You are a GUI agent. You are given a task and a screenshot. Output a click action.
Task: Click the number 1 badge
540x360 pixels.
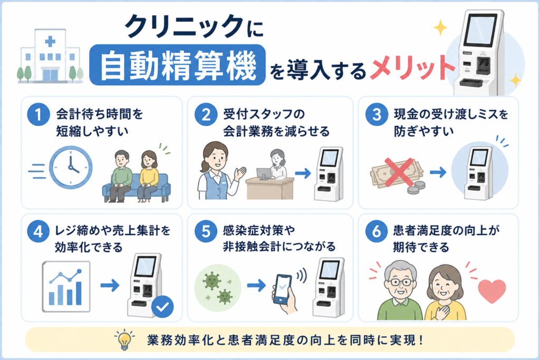click(x=38, y=114)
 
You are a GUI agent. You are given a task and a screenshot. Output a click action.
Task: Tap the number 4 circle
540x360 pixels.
click(x=38, y=231)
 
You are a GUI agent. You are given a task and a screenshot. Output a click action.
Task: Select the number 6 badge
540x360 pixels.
click(x=377, y=231)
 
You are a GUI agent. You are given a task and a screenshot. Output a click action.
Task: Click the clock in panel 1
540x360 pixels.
click(x=71, y=168)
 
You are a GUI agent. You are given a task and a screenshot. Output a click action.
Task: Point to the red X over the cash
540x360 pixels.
click(x=399, y=172)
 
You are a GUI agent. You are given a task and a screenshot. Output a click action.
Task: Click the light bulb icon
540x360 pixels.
click(x=124, y=339)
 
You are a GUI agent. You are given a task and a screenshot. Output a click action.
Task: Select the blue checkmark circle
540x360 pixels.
click(x=162, y=306)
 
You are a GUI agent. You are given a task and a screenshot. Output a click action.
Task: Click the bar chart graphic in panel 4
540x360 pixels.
click(x=66, y=287)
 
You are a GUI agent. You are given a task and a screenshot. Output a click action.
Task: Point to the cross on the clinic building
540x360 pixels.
click(x=50, y=42)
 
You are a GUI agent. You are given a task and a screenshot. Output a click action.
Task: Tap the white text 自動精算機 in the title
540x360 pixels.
click(x=178, y=65)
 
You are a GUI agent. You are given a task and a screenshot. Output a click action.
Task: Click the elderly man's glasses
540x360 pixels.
click(x=400, y=282)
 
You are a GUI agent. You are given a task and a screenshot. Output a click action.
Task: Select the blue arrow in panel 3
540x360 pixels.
click(x=438, y=172)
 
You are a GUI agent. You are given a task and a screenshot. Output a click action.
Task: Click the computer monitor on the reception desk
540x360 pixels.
click(x=264, y=174)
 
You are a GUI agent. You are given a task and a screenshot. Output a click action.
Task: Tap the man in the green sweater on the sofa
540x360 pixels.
click(x=121, y=176)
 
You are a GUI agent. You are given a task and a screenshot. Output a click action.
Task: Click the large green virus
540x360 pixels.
click(x=212, y=280)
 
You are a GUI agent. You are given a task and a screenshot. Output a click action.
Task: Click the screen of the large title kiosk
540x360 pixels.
click(x=480, y=30)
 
